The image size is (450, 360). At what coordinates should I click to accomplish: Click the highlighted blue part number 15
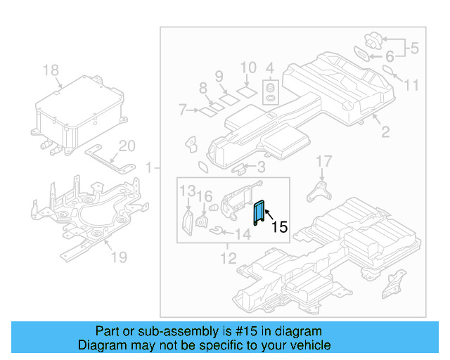pos(259,211)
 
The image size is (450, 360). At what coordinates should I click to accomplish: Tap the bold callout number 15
pos(279,227)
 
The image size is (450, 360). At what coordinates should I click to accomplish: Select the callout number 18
pos(51,70)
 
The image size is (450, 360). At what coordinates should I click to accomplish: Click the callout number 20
pos(126,147)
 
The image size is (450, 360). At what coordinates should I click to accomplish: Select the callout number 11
pos(411,85)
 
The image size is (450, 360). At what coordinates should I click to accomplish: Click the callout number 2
pos(385,131)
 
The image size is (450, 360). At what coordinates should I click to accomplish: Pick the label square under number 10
pos(246,91)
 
